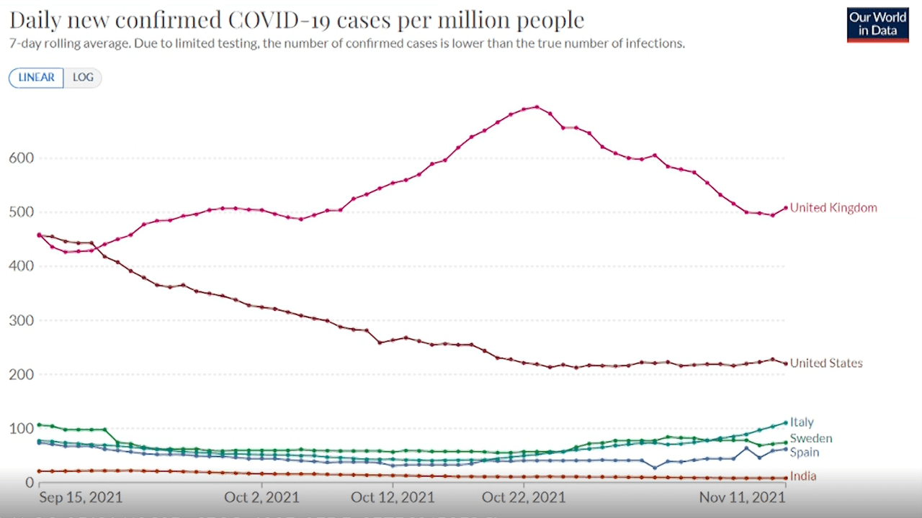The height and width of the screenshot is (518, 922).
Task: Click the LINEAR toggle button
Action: pos(36,78)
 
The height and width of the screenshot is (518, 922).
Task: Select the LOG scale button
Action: pos(83,78)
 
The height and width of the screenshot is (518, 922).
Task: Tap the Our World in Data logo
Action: pos(877,24)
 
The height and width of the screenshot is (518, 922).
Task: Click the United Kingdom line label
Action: pos(833,208)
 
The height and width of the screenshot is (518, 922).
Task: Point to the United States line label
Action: pos(826,363)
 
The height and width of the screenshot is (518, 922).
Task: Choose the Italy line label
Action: pos(802,422)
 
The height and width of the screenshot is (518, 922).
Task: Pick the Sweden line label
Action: pos(810,438)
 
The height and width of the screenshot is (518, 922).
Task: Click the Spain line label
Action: pos(805,453)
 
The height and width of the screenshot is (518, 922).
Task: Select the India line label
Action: pos(803,476)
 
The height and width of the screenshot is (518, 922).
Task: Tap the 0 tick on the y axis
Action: pos(30,483)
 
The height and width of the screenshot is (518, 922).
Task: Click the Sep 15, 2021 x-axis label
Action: pos(81,498)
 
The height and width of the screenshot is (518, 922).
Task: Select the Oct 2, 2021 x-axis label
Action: pos(262,498)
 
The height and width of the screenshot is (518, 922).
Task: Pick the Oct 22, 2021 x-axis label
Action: pos(524,498)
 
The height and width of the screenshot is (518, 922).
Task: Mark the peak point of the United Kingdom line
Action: pos(537,107)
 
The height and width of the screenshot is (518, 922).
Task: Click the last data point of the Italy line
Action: pos(785,422)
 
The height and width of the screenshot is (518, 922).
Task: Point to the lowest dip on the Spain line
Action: pos(654,468)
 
